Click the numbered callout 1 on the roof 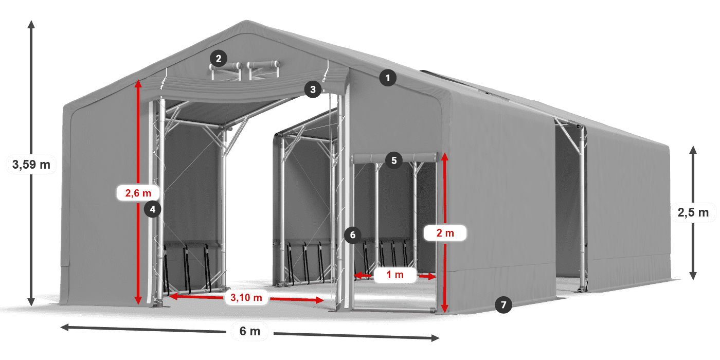388,78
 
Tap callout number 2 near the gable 219,59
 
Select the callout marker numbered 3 312,89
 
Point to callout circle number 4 153,209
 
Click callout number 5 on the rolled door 393,160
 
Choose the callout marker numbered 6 352,235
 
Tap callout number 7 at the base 503,304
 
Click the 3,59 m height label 31,165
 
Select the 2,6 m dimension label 138,193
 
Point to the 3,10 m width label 246,297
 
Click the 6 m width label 250,331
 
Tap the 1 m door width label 395,276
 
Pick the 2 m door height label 445,233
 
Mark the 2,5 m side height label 693,212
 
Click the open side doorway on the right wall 568,206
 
